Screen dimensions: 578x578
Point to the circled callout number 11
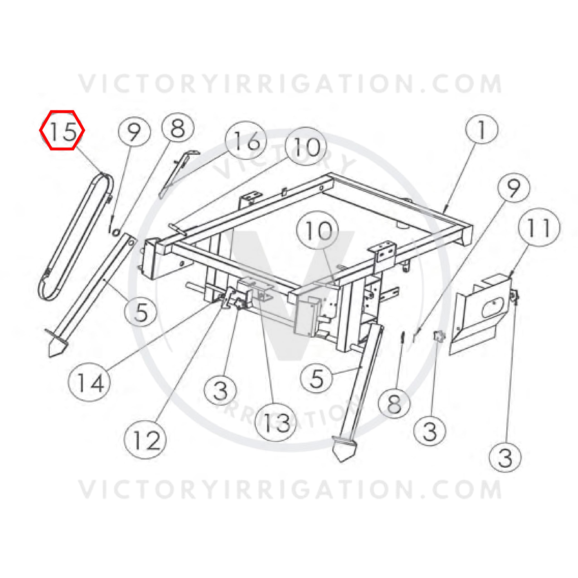[538, 227]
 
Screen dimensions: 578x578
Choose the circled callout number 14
[89, 382]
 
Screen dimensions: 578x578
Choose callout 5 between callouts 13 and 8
[317, 377]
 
